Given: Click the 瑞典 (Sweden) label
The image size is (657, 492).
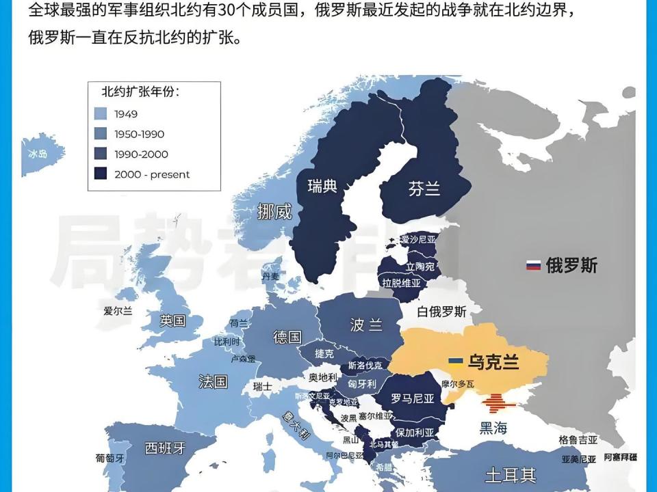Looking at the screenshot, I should [322, 185].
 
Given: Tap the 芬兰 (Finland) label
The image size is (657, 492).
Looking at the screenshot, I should [424, 189].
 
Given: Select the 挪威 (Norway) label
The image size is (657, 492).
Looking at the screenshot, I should [274, 212].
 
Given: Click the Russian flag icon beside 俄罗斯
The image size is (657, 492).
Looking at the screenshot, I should [533, 265].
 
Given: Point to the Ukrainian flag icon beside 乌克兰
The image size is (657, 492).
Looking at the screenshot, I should [455, 361].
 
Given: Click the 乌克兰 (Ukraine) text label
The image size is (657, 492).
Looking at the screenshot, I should [493, 361].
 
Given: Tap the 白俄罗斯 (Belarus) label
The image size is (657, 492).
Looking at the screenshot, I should [441, 312].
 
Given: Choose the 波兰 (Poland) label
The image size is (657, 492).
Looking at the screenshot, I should [366, 325].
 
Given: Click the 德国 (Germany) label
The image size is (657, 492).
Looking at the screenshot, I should [287, 337].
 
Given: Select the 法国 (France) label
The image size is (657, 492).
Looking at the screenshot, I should [213, 381].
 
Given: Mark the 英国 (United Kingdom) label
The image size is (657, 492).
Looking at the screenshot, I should [172, 320].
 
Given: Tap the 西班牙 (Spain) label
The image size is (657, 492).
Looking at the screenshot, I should [165, 448].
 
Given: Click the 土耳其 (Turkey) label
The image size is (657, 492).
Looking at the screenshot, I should [510, 474].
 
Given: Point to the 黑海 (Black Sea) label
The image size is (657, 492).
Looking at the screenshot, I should [493, 428].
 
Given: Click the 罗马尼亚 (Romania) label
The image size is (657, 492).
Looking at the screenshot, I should [413, 398].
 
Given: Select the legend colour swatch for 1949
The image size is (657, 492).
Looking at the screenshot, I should [101, 114].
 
